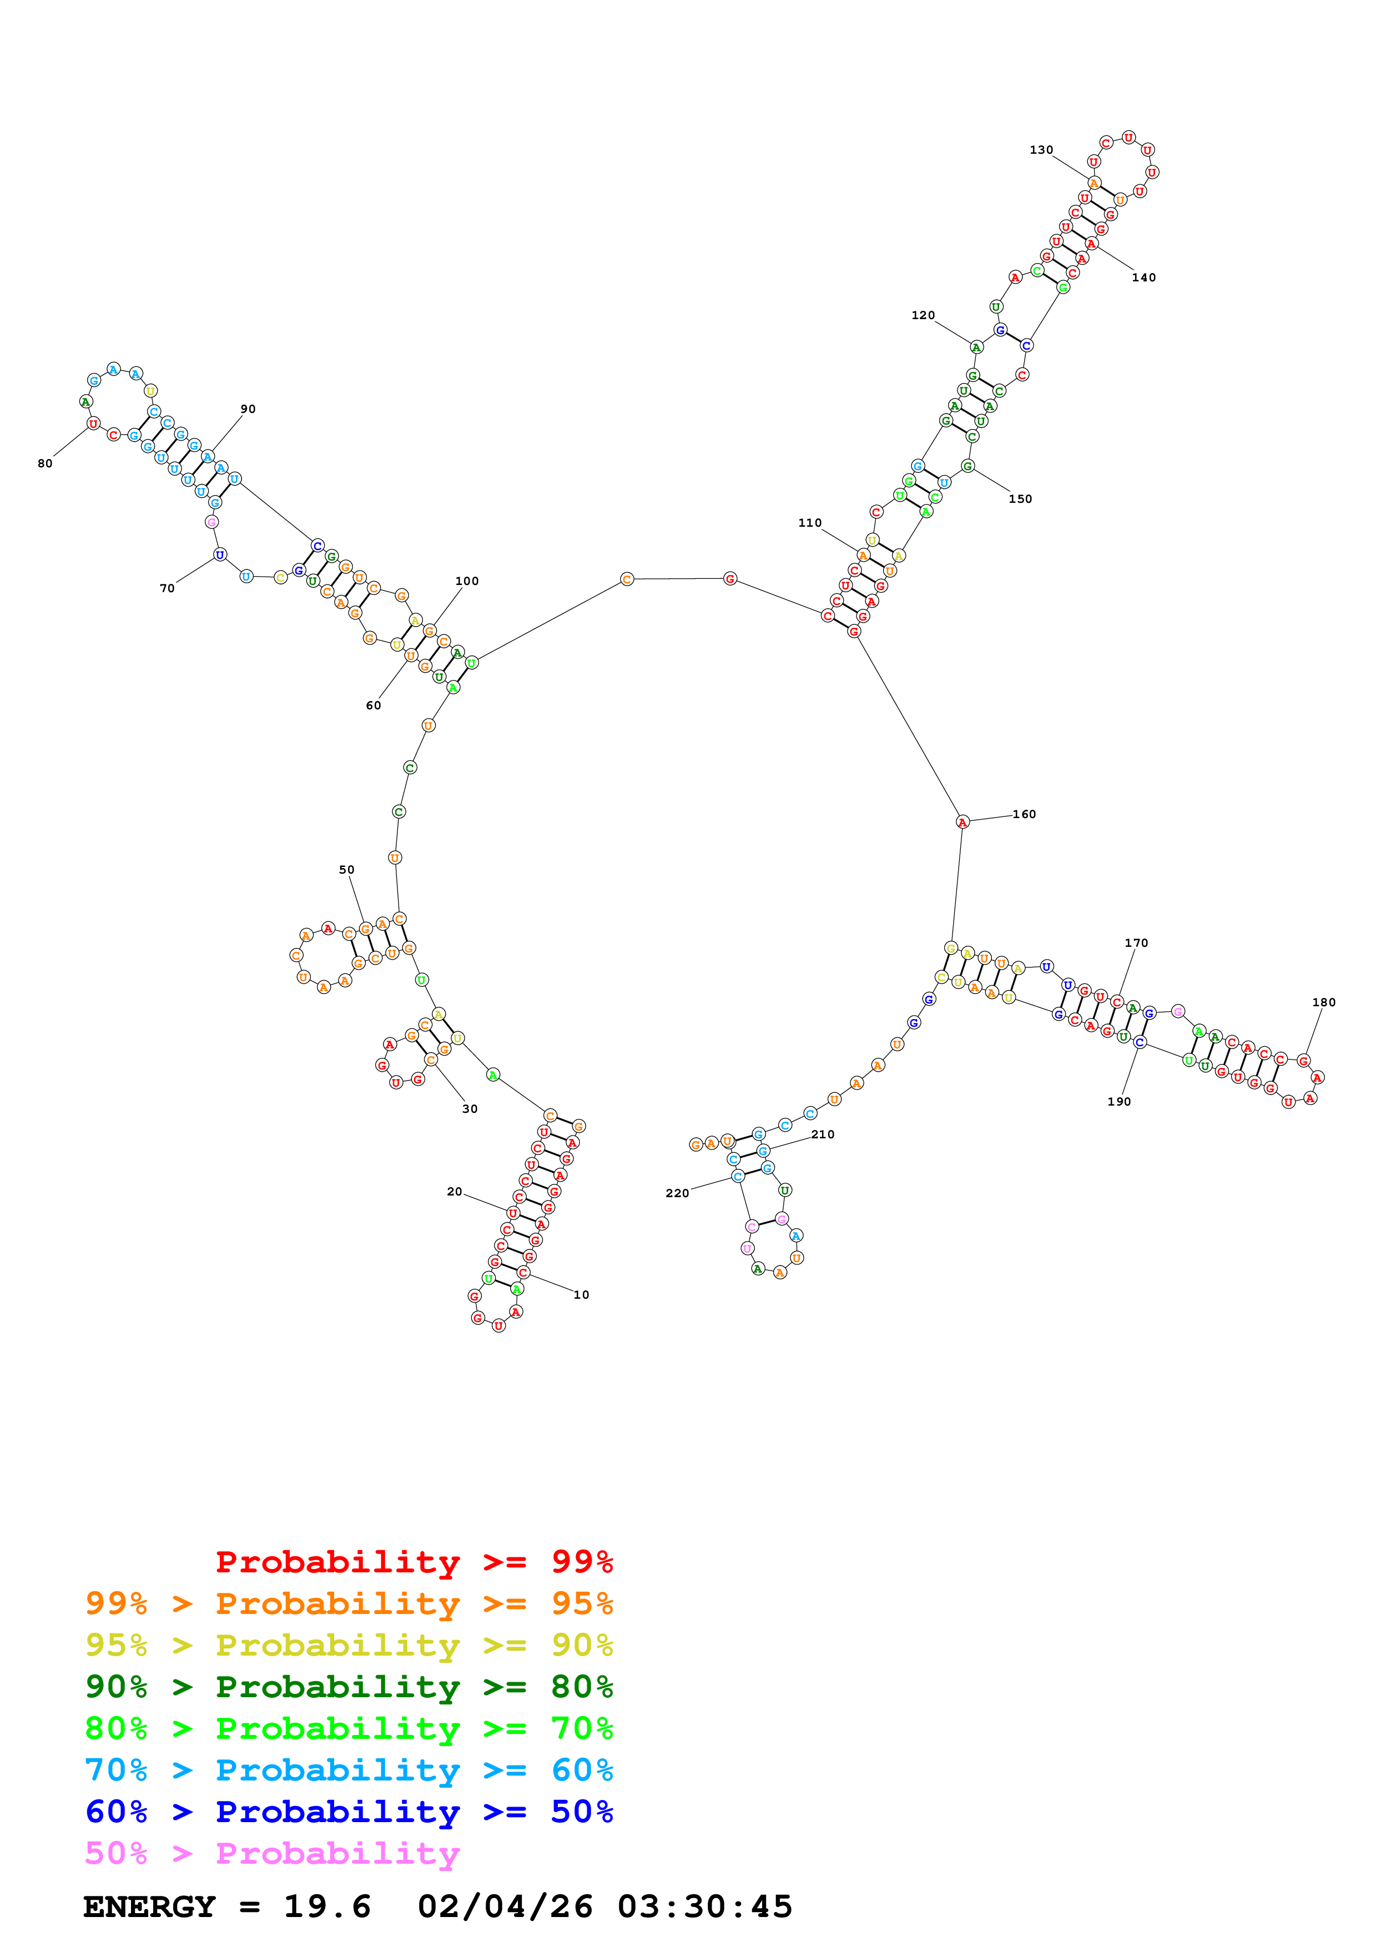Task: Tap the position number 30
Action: point(470,1108)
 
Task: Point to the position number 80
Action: point(45,463)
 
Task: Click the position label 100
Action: point(467,581)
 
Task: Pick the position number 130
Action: point(1041,150)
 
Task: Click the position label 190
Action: point(1119,1102)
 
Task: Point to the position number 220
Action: point(677,1193)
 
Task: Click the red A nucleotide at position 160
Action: point(962,822)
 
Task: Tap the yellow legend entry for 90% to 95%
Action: point(349,1645)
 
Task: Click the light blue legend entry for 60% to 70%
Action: point(349,1770)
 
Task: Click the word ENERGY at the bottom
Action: point(149,1906)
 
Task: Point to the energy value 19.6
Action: point(327,1906)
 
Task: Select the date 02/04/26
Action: point(505,1906)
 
